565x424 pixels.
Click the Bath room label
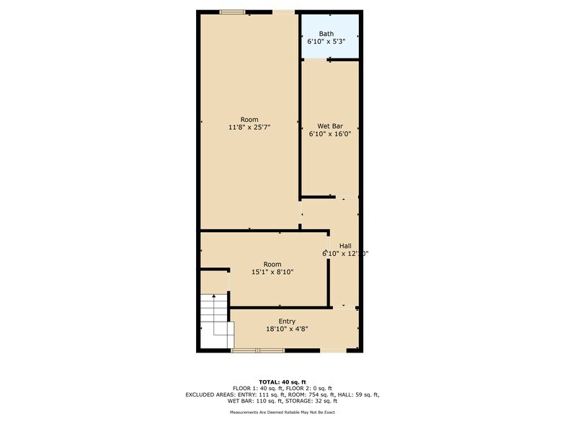326,33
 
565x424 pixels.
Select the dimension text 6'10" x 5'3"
326,42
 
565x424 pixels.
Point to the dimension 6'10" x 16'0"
330,133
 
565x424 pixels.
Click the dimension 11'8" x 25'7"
249,128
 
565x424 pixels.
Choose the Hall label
345,245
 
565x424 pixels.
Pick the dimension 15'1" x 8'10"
272,272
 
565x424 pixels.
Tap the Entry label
287,322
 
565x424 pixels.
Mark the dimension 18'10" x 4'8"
287,330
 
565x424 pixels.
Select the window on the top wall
232,12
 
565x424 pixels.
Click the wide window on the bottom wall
258,350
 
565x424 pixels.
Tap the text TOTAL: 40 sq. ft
282,381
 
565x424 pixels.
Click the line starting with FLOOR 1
282,388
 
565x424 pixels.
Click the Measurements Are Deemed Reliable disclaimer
282,412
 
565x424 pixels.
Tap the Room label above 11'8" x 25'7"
249,120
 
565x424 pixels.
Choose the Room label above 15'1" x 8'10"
272,264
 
